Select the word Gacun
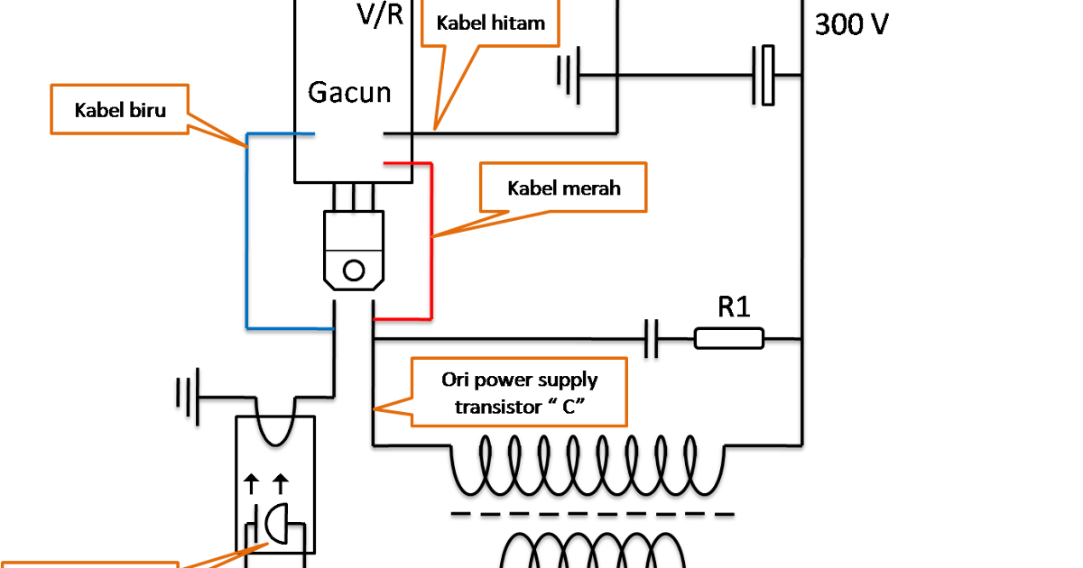tap(350, 92)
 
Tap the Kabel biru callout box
tap(121, 110)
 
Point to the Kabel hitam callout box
tap(491, 23)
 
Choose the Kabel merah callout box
tap(563, 188)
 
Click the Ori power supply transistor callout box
tap(519, 392)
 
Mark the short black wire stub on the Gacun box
tap(396, 134)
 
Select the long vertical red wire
tap(431, 239)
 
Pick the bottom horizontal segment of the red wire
tap(403, 318)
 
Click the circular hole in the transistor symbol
tap(355, 270)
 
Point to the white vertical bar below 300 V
tap(768, 76)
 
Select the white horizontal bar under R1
tap(729, 338)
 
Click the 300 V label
tap(851, 24)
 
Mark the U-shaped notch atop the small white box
tap(275, 432)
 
